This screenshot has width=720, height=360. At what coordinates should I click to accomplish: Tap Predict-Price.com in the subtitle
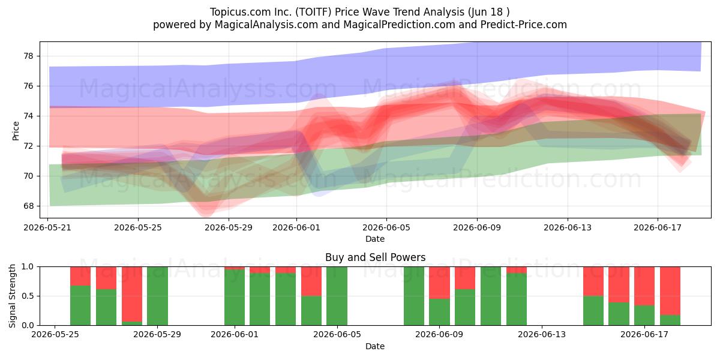tap(524, 25)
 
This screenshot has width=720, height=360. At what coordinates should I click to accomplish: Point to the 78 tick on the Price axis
tap(28, 56)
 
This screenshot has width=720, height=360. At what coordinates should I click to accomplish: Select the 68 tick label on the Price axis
tap(28, 206)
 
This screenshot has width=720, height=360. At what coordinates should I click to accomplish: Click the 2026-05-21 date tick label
tap(47, 227)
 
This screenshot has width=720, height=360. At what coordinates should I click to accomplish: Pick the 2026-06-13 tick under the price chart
tap(568, 227)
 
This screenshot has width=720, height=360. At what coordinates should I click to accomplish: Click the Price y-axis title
tap(16, 131)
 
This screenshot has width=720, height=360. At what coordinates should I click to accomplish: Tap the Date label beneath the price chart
tap(375, 239)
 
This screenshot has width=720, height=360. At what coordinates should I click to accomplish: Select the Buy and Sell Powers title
tap(375, 257)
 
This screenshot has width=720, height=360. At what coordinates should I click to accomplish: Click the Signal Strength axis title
tap(12, 296)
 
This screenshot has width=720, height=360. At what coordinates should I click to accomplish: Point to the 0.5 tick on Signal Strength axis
tap(28, 296)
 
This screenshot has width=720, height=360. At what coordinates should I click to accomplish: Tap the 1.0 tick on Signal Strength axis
tap(28, 266)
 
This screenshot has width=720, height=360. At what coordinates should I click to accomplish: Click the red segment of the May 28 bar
tap(132, 294)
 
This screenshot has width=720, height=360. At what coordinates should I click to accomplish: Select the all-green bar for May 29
tap(157, 296)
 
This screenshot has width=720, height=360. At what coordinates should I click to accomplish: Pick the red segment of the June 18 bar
tap(670, 291)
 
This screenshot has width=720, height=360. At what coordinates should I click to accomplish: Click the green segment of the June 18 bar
tap(670, 320)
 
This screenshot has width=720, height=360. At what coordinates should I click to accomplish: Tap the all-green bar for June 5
tap(337, 296)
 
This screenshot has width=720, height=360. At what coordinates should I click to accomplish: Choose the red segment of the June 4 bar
tap(311, 281)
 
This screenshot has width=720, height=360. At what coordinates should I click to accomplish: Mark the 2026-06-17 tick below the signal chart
tap(644, 335)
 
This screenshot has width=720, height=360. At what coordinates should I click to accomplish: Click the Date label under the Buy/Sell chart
tap(375, 346)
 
